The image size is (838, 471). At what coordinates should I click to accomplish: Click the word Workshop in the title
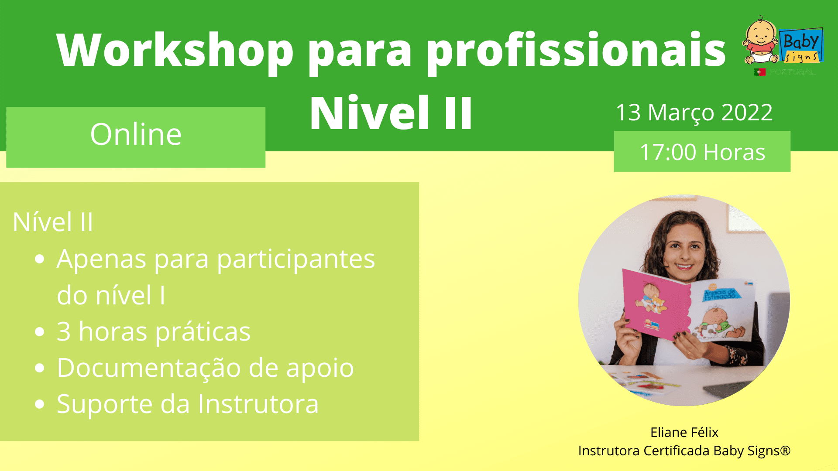pyautogui.click(x=175, y=51)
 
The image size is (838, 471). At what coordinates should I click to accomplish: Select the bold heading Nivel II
pyautogui.click(x=391, y=113)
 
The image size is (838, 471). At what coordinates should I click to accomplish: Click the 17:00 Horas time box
pyautogui.click(x=702, y=152)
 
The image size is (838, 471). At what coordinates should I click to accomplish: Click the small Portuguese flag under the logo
pyautogui.click(x=760, y=72)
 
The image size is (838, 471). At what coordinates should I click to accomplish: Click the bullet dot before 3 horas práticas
pyautogui.click(x=40, y=332)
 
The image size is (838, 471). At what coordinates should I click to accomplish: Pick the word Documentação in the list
pyautogui.click(x=148, y=368)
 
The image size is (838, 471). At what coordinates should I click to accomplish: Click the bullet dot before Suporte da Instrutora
pyautogui.click(x=40, y=404)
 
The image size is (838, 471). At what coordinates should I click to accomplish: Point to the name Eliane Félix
pyautogui.click(x=684, y=432)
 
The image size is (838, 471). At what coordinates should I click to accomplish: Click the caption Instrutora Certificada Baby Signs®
pyautogui.click(x=684, y=451)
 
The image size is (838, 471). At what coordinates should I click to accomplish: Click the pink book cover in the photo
pyautogui.click(x=655, y=305)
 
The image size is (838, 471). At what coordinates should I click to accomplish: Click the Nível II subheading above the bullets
pyautogui.click(x=53, y=222)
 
